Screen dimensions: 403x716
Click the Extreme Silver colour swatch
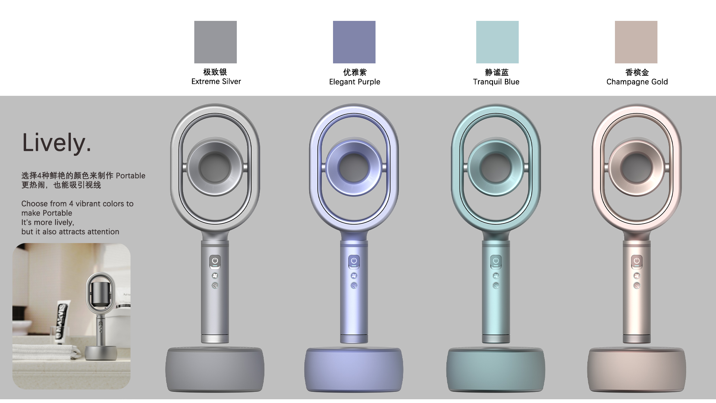215,42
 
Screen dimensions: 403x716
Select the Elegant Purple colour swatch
354,42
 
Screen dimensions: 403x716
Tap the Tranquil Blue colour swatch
497,42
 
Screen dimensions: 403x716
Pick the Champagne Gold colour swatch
636,42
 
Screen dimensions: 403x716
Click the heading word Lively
56,143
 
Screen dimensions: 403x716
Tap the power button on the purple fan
354,261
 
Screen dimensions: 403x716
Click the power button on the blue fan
496,261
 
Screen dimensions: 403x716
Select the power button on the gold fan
637,261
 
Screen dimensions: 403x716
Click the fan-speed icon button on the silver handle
215,276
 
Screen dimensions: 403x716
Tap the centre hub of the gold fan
637,167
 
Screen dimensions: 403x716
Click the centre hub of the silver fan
215,167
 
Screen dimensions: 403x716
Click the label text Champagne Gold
637,82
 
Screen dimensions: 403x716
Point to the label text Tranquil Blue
496,82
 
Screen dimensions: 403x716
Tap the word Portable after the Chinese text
131,176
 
